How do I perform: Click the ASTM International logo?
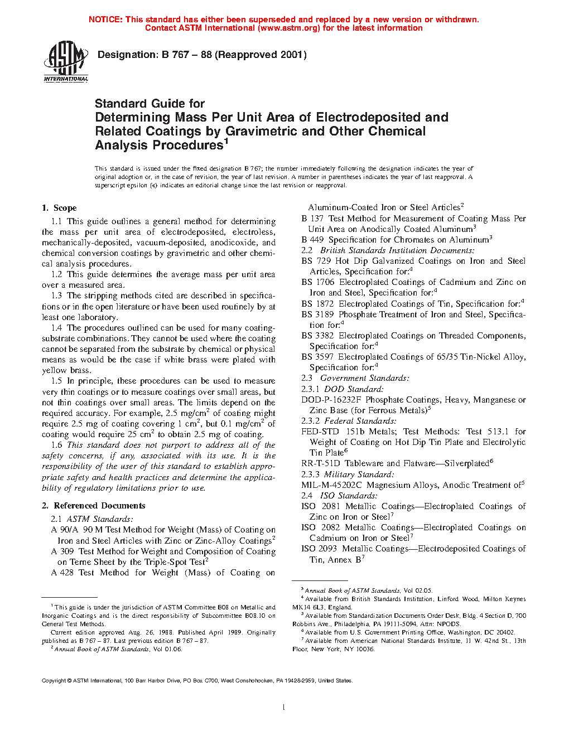(x=65, y=62)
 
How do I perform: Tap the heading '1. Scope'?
(x=59, y=208)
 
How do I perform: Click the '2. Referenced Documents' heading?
(x=93, y=506)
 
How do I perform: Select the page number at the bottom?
(x=284, y=708)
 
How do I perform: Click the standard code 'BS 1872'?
(x=317, y=304)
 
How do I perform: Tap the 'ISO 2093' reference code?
(x=319, y=549)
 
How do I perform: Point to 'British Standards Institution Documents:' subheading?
(x=397, y=250)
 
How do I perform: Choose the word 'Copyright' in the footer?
(x=54, y=681)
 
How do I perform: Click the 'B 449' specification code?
(x=312, y=240)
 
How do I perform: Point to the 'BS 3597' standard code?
(x=317, y=357)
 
